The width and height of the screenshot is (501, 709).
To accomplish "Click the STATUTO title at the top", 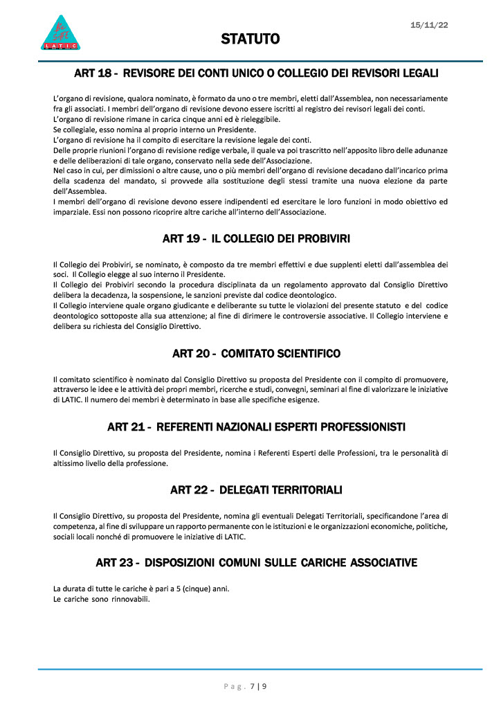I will [250, 39].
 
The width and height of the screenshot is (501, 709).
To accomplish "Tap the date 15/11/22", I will [429, 25].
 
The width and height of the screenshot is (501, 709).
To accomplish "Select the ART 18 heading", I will [256, 73].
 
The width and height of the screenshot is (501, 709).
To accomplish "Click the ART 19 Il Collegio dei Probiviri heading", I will [256, 239].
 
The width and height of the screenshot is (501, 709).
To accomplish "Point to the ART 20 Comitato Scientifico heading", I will [256, 354].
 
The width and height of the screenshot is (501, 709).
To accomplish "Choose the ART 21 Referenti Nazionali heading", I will [256, 426].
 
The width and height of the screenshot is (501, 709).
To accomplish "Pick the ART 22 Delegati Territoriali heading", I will [256, 490].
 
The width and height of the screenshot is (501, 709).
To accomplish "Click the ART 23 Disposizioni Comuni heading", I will [256, 562].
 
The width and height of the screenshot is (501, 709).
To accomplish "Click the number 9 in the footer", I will [264, 687].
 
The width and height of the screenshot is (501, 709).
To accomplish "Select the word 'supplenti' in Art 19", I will [361, 264].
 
